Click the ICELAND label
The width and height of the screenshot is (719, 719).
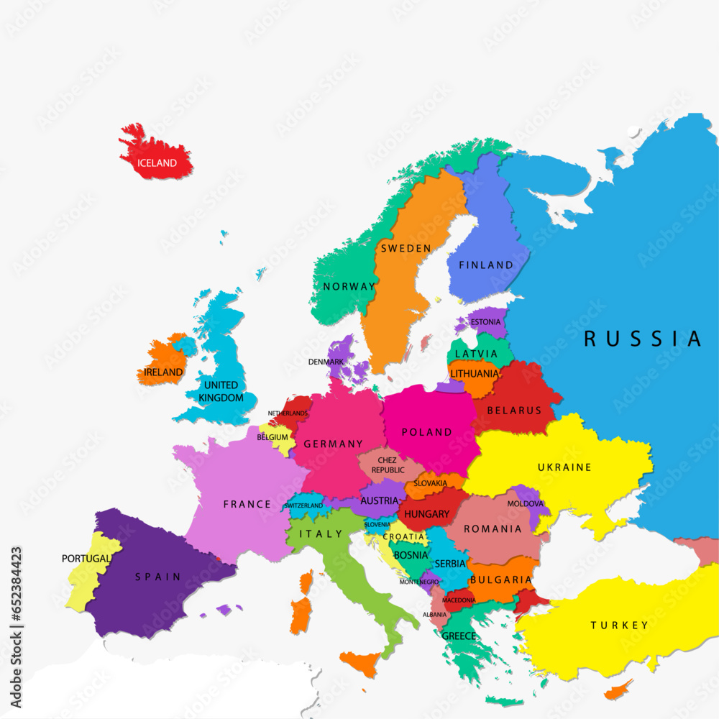click(157, 163)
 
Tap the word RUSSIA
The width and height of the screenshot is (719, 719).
click(642, 338)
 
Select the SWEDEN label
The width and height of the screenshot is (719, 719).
click(406, 248)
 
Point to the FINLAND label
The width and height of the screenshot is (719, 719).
click(487, 265)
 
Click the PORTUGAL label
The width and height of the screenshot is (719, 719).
click(86, 558)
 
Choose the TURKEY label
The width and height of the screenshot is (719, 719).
click(619, 626)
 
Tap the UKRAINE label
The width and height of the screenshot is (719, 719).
click(564, 467)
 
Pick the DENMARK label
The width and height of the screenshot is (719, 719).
click(326, 362)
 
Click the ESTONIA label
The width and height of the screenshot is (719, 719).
click(485, 322)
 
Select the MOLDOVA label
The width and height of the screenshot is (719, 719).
click(526, 503)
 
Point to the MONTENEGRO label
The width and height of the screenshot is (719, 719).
click(419, 582)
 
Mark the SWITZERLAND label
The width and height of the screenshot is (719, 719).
click(303, 505)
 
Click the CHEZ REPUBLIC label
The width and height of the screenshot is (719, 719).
click(388, 464)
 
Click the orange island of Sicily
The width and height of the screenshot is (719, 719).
click(361, 661)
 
